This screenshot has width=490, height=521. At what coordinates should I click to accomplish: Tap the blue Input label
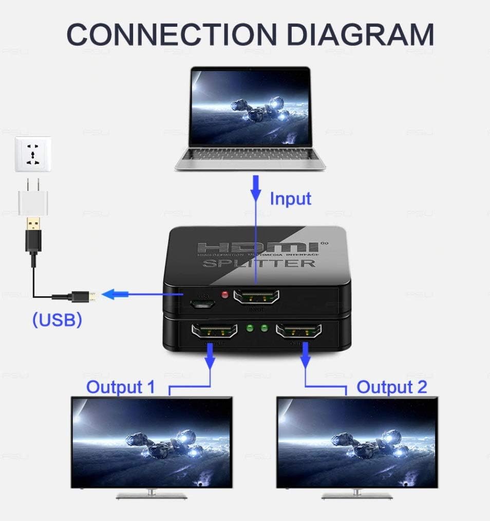[291, 199]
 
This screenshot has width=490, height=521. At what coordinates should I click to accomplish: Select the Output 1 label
[120, 387]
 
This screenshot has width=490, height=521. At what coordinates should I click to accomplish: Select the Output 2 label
[392, 387]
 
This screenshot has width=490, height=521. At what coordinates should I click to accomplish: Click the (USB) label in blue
[56, 319]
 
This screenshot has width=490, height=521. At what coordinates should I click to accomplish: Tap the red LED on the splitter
[224, 295]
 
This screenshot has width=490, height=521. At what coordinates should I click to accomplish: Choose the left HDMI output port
[214, 331]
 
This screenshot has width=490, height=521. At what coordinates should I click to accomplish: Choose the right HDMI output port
[299, 331]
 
